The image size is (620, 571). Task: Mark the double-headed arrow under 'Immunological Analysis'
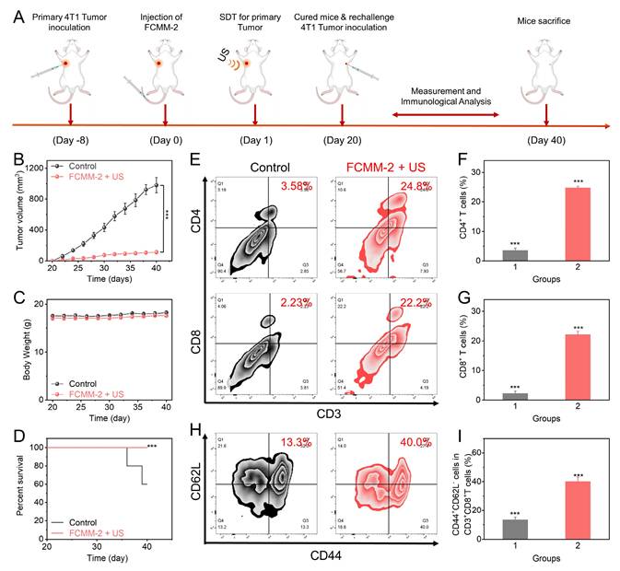pos(446,115)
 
